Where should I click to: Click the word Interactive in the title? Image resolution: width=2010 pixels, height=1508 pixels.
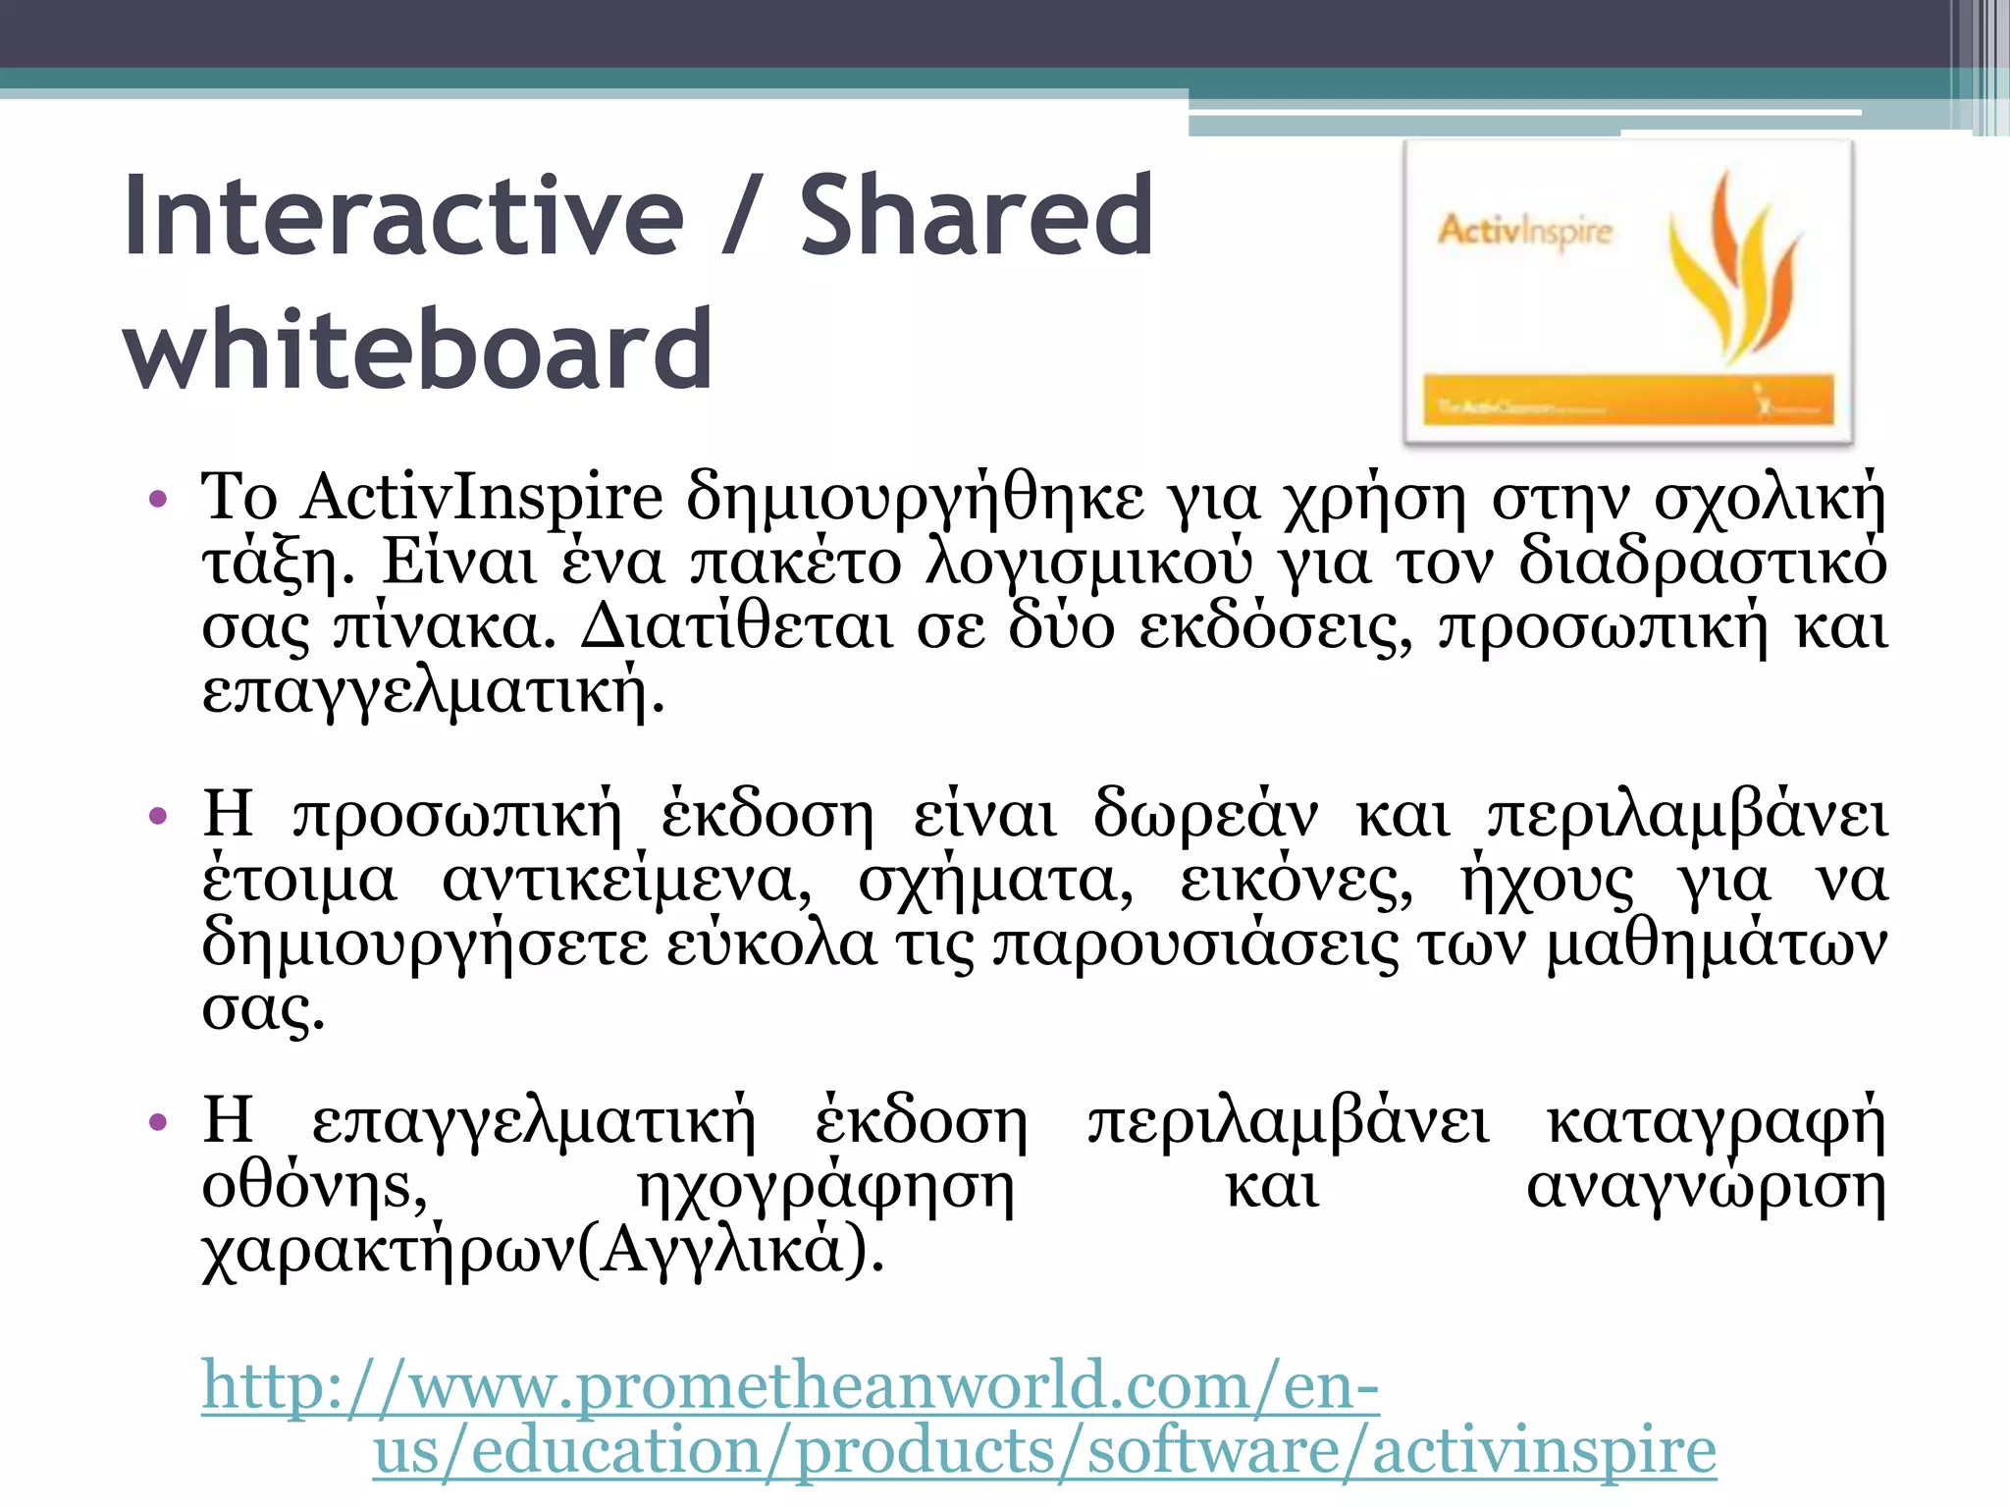[x=403, y=215]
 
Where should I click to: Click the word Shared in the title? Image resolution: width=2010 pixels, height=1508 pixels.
[x=977, y=215]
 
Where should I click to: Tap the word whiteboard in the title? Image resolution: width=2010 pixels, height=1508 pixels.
[x=418, y=348]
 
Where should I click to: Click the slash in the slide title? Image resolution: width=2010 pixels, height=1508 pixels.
[x=741, y=215]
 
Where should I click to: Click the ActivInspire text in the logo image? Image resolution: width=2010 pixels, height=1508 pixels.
[x=1525, y=232]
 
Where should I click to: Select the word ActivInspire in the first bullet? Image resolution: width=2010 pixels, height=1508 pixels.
[x=482, y=499]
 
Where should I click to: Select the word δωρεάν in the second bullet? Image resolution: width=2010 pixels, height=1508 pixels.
[x=1206, y=816]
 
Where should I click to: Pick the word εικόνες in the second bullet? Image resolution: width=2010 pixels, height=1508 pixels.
[x=1296, y=881]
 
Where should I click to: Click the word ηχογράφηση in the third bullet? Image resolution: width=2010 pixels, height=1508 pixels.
[x=825, y=1188]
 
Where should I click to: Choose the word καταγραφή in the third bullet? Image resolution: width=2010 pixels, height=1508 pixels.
[x=1716, y=1121]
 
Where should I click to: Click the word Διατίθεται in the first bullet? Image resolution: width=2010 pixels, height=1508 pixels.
[x=736, y=628]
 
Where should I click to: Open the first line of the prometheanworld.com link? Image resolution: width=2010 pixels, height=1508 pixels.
[x=790, y=1386]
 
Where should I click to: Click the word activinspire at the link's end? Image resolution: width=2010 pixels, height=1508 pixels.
[x=1544, y=1451]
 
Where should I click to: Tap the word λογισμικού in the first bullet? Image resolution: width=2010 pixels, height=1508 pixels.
[x=1089, y=564]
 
